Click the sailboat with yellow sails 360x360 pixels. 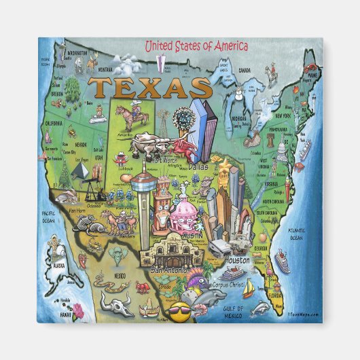tap(249, 289)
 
